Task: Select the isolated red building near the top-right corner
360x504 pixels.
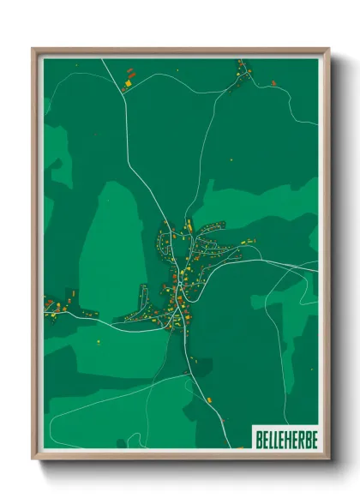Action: tap(273, 83)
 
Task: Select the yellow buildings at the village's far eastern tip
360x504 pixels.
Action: tap(250, 241)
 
